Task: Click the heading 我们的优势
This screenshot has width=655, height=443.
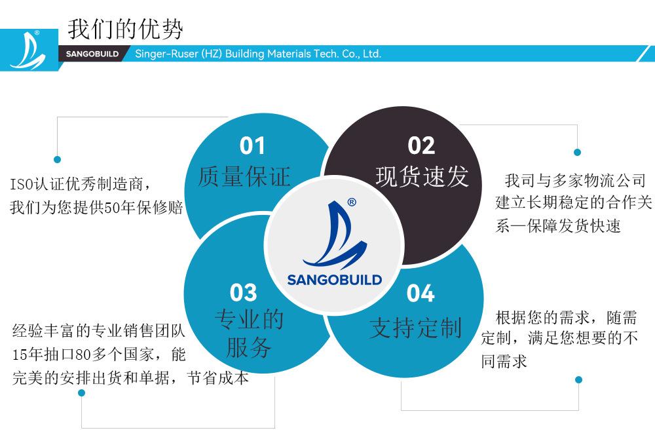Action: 125,29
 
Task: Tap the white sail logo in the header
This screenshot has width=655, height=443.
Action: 28,51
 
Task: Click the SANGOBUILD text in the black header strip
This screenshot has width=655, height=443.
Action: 92,54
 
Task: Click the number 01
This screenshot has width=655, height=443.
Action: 252,146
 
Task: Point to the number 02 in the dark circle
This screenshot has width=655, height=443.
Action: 421,146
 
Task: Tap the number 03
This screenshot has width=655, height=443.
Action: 243,292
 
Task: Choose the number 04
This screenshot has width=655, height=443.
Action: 421,293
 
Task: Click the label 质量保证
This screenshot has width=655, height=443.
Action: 244,176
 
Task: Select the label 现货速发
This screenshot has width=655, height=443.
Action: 422,176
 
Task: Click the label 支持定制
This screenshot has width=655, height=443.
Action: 416,327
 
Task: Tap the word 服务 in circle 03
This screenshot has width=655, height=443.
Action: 249,347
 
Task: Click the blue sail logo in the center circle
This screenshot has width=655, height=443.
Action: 335,235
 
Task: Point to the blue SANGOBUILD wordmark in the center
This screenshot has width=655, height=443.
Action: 335,280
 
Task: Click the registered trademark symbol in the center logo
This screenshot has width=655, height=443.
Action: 352,202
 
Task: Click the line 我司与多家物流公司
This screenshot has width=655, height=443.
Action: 575,181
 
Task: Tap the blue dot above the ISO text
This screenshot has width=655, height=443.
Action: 57,159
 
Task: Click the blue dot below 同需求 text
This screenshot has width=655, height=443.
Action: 578,379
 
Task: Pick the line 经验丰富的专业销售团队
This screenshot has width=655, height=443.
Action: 99,330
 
